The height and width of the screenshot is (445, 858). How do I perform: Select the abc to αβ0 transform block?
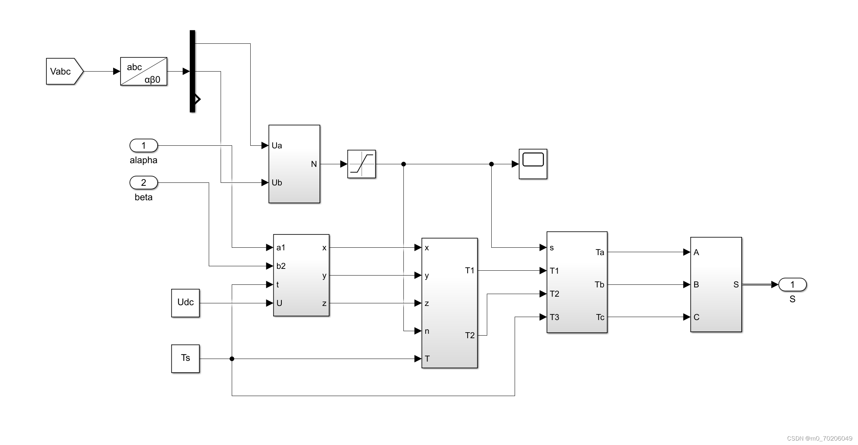pyautogui.click(x=143, y=72)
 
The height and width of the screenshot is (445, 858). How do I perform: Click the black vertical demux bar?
pyautogui.click(x=192, y=71)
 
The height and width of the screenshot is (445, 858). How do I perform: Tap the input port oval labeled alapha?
pyautogui.click(x=143, y=145)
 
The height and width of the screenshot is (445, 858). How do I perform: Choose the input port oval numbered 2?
pyautogui.click(x=143, y=182)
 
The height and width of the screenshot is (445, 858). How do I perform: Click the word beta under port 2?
pyautogui.click(x=143, y=197)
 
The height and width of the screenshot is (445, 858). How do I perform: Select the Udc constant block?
pyautogui.click(x=185, y=303)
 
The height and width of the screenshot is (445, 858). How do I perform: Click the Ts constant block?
pyautogui.click(x=185, y=359)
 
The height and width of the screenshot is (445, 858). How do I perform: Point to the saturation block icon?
pyautogui.click(x=362, y=164)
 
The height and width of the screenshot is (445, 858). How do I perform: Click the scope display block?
pyautogui.click(x=533, y=164)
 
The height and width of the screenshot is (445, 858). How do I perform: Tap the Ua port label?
pyautogui.click(x=277, y=145)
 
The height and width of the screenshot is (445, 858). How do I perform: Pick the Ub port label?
pyautogui.click(x=277, y=182)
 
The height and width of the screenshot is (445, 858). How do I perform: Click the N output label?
pyautogui.click(x=314, y=164)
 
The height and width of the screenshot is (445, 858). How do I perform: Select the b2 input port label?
pyautogui.click(x=281, y=266)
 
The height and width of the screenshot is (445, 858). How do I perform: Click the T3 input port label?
pyautogui.click(x=554, y=317)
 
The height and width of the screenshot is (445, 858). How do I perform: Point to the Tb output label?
pyautogui.click(x=599, y=284)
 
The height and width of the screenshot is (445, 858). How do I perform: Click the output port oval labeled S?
pyautogui.click(x=792, y=284)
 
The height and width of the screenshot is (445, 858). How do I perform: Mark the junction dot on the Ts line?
pyautogui.click(x=232, y=359)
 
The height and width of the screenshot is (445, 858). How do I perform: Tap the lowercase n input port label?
pyautogui.click(x=427, y=331)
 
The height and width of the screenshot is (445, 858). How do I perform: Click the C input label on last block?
pyautogui.click(x=696, y=317)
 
